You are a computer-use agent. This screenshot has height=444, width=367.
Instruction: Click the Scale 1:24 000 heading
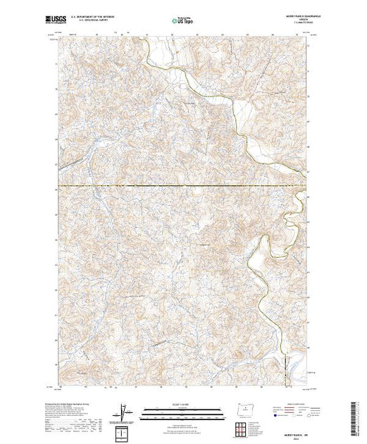coord(179,403)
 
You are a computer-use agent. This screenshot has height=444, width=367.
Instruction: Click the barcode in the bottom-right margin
coord(355,416)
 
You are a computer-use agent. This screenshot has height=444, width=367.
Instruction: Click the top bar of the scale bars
coord(179,407)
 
